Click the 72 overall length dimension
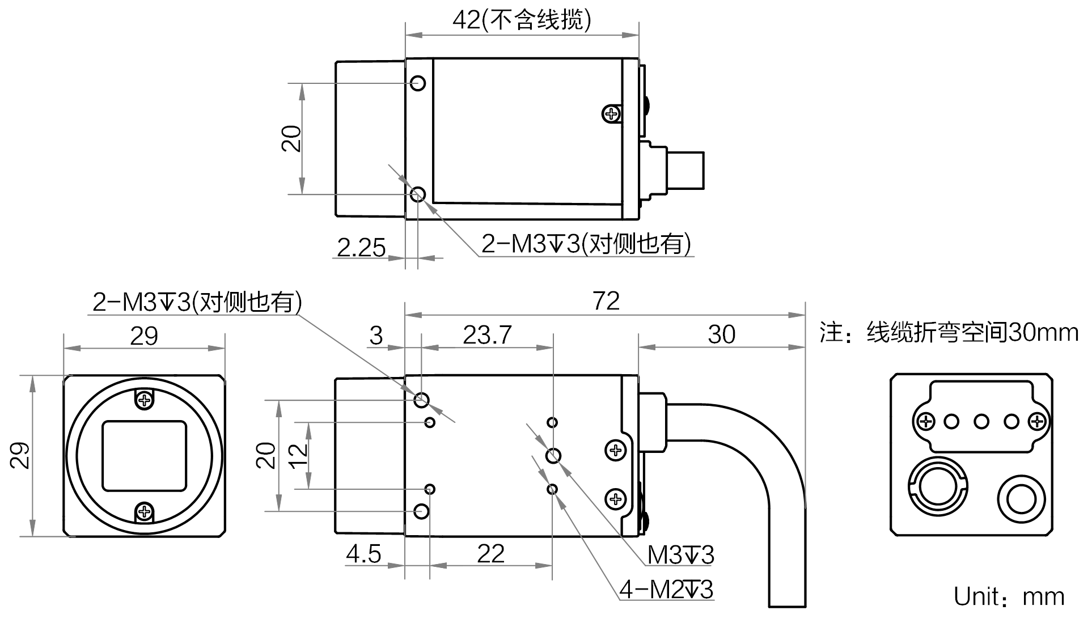tap(606, 301)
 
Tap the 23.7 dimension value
tap(487, 335)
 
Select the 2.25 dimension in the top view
tap(361, 248)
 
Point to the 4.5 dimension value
tap(363, 554)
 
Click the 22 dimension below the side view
tap(490, 554)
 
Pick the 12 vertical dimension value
tap(298, 456)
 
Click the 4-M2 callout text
tap(666, 590)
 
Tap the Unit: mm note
tap(1009, 597)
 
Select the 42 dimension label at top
tap(522, 20)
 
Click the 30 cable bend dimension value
tap(721, 334)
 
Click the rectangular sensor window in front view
tap(144, 456)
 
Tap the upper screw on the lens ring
tap(145, 400)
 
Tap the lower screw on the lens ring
tap(145, 512)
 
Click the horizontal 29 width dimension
tap(144, 336)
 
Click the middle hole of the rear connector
tap(981, 422)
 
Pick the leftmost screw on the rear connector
tap(926, 422)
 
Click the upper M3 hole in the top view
tap(418, 83)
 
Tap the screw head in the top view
tap(611, 115)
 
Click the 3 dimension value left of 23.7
tap(376, 336)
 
